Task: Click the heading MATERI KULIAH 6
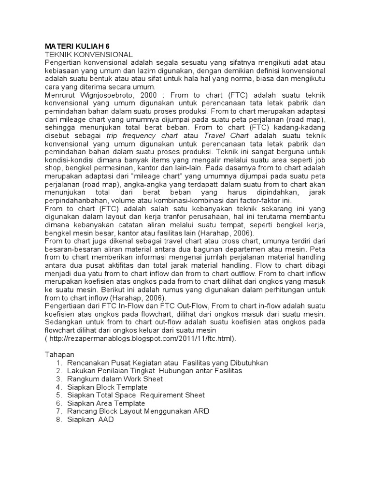point(80,46)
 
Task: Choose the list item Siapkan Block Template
point(107,387)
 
